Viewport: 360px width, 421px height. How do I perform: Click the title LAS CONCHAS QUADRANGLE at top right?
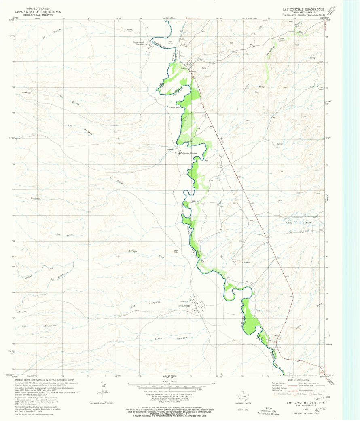point(305,8)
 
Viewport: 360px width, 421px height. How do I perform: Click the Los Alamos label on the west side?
point(36,198)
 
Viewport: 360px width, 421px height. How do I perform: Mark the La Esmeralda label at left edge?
point(21,312)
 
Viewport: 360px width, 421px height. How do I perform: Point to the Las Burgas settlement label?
point(27,93)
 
